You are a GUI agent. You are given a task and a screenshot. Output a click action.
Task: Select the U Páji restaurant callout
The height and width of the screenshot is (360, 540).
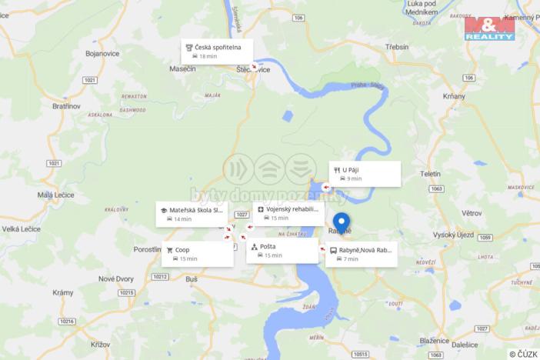(365, 174)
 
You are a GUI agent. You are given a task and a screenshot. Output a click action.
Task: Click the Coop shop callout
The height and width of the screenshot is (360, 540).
(198, 254)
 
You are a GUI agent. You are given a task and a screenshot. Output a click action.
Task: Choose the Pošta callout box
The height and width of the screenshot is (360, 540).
(282, 251)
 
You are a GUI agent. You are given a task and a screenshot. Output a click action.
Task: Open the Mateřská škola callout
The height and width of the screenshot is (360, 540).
(192, 214)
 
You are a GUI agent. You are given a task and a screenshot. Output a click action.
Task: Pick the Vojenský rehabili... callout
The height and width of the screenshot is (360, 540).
(288, 213)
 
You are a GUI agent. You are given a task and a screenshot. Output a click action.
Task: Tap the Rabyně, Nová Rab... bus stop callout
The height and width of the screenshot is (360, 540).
(361, 254)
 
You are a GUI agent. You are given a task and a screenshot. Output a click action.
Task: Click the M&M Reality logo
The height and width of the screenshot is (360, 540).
(489, 28)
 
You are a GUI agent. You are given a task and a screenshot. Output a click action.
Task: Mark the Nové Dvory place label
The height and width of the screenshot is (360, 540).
(116, 278)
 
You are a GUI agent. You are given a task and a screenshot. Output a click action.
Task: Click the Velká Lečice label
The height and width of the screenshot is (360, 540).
(22, 228)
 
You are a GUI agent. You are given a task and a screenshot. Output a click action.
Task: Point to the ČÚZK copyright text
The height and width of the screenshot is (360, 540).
(523, 354)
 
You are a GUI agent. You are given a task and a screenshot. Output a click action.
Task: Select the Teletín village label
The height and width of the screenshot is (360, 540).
(430, 174)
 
